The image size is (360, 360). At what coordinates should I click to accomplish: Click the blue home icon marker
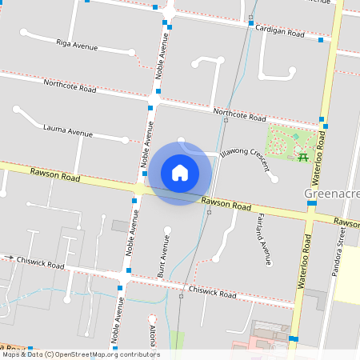click(x=180, y=173)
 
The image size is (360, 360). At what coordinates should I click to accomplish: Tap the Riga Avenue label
click(x=77, y=44)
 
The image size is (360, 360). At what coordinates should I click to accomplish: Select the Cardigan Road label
click(x=280, y=32)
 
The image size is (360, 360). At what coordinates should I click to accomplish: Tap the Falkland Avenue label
click(x=265, y=238)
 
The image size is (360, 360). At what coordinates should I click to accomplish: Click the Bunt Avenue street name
click(x=162, y=262)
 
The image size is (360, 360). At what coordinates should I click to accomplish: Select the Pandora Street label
click(x=341, y=246)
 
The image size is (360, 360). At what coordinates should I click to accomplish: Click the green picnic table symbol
click(x=303, y=156)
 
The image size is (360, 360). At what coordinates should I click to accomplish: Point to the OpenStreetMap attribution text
click(x=80, y=354)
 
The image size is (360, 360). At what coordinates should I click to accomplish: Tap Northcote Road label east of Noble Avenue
click(x=239, y=114)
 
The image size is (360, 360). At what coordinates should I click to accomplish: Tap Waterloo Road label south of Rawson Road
click(x=303, y=262)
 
